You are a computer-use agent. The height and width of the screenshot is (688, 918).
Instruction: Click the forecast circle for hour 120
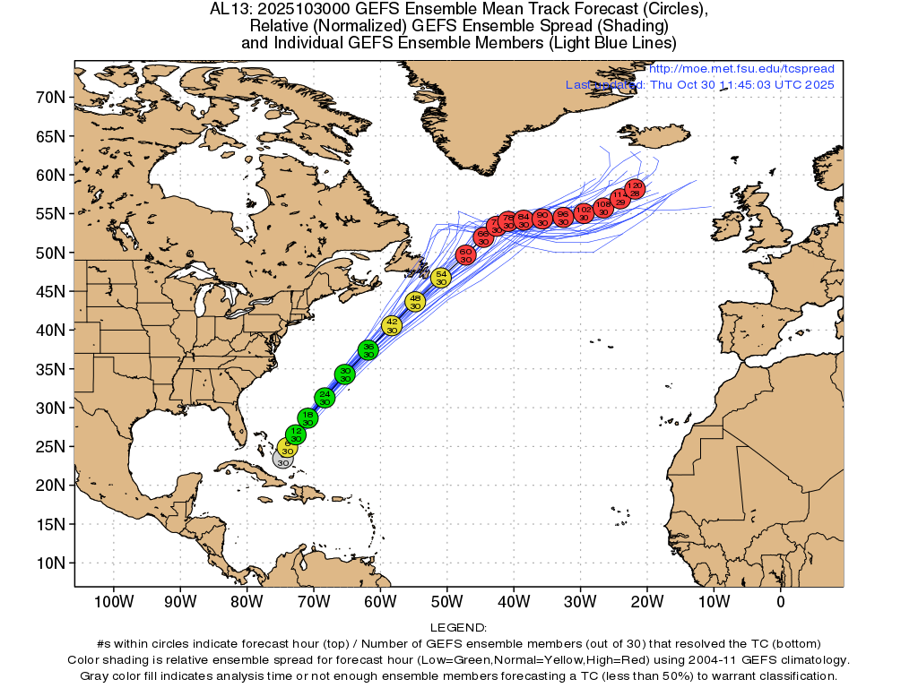pos(635,189)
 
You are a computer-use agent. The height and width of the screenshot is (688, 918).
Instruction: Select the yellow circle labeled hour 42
pos(392,325)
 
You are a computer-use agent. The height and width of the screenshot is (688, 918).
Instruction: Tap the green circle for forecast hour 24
pos(325,398)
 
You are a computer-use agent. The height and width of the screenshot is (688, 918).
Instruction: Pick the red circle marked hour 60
pos(466,255)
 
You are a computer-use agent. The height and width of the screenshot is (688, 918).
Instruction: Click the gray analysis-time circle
pos(283,460)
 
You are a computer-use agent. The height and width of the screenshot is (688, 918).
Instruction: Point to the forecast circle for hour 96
pos(563,218)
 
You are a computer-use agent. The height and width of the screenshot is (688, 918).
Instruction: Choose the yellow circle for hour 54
pos(441,278)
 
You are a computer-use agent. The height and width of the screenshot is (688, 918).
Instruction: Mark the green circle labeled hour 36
pos(368,349)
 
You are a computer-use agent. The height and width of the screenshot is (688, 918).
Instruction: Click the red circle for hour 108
pos(602,208)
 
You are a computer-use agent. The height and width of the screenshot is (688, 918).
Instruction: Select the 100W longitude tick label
pos(114,599)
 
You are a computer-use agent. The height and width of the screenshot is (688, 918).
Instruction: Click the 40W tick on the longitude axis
pos(514,599)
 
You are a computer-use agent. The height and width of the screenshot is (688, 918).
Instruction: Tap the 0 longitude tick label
pos(781,599)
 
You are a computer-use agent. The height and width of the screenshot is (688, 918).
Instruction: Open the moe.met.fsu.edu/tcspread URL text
pos(741,69)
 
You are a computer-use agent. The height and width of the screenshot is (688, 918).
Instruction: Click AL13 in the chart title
pos(228,10)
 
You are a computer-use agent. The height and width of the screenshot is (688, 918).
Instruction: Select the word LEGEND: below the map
pos(458,628)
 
